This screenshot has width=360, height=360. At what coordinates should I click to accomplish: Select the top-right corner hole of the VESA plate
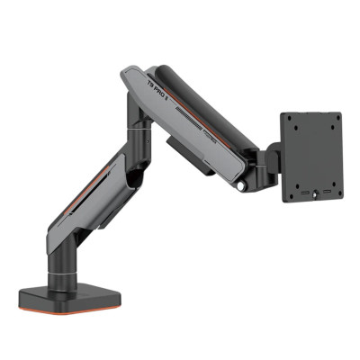[x=336, y=118]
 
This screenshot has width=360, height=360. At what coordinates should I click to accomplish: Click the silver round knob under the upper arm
[x=240, y=186]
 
